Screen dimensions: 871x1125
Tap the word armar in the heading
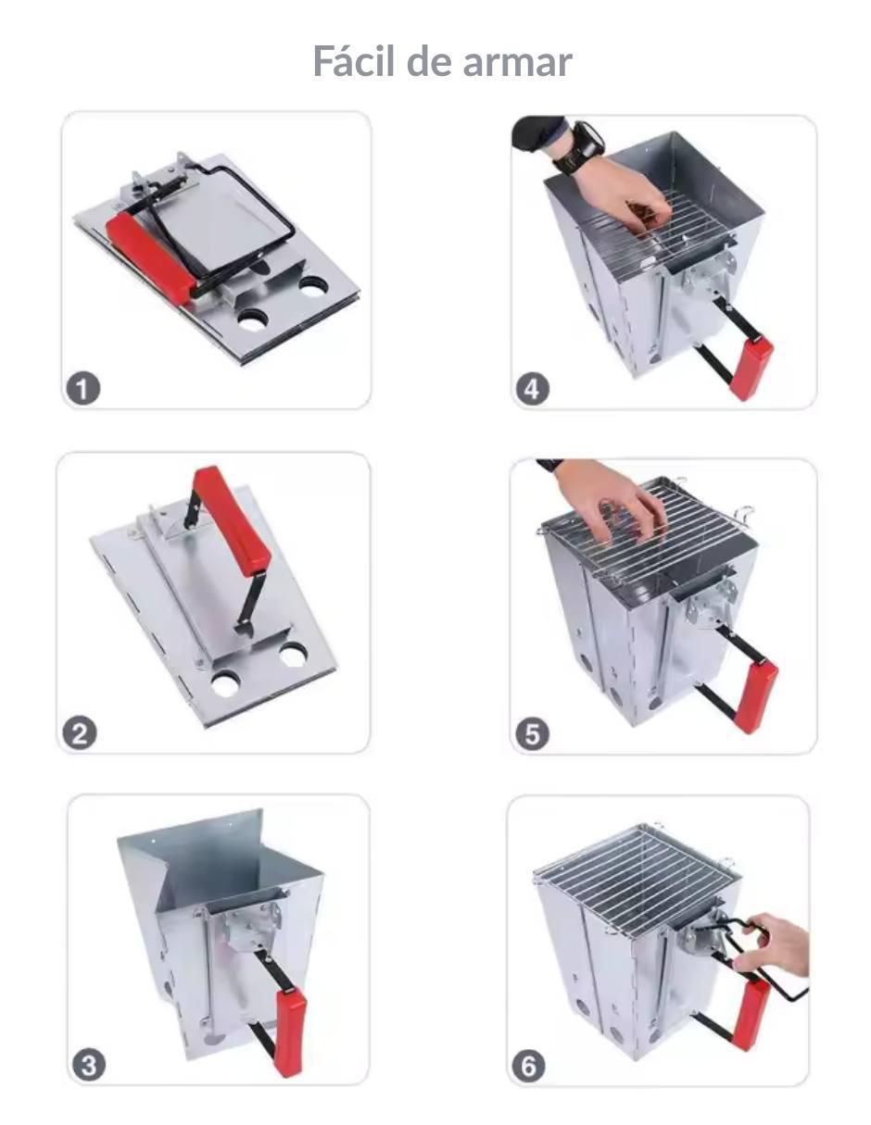[517, 63]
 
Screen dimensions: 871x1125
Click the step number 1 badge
[82, 388]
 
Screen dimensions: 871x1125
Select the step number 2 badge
[80, 733]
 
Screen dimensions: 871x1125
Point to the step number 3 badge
[88, 1066]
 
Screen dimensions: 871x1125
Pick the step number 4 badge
[532, 389]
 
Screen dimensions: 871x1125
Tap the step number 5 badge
[532, 734]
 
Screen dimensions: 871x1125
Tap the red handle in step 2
[232, 519]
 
